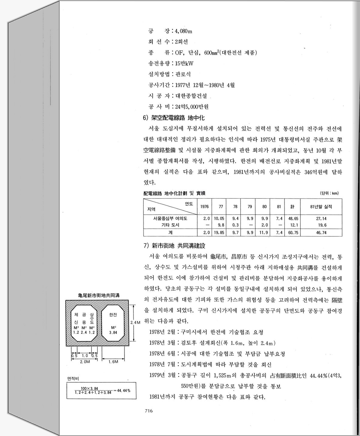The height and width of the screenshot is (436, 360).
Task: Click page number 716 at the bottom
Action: point(149,411)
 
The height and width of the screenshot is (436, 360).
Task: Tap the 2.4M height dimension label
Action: point(136,322)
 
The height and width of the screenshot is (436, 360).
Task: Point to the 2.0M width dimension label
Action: point(85,362)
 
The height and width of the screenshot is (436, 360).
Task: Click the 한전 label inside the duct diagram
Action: point(113,315)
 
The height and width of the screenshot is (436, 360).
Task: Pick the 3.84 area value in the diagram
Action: point(113,332)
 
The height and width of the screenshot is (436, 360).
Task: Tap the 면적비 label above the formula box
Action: point(73,378)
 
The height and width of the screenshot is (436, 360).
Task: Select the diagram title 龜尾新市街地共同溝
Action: point(99,295)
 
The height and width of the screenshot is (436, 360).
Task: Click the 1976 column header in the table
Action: point(204,207)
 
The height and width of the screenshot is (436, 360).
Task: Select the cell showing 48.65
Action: point(293,219)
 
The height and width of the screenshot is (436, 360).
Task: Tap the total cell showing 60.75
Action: point(293,232)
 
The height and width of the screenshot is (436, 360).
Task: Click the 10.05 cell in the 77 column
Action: point(219,219)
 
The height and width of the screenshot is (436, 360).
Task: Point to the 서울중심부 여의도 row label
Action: point(170,219)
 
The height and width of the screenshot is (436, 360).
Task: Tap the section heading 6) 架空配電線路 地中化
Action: point(174,118)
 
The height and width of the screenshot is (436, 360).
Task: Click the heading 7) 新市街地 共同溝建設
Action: point(174,246)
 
